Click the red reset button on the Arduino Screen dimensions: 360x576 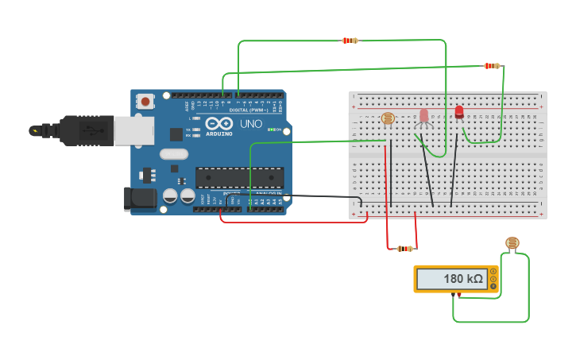(145, 101)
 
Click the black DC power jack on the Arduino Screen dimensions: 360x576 (140, 199)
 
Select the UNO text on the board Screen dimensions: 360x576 (251, 124)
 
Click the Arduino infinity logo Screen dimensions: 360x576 (218, 123)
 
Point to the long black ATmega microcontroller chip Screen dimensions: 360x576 (239, 178)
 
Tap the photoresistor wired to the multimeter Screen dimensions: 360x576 (512, 243)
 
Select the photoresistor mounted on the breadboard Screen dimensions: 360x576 (388, 118)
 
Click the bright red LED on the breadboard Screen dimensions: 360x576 (459, 112)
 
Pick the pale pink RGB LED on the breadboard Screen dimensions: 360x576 (423, 116)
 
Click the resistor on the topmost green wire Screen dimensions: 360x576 (350, 40)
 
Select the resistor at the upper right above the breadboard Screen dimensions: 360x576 (493, 66)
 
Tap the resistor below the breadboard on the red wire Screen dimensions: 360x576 (405, 249)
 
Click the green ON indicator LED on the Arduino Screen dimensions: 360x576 (272, 130)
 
